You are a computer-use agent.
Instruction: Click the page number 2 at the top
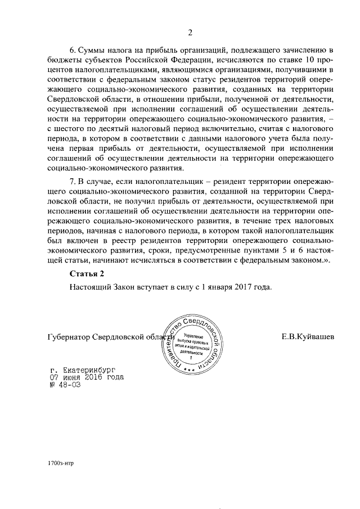click(190, 31)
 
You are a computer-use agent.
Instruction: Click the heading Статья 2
click(87, 274)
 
